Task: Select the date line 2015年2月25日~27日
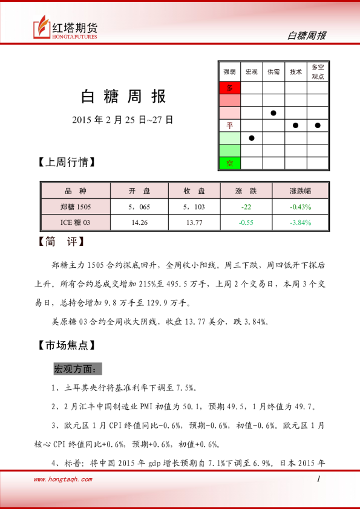point(123,120)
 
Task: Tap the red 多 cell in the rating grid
point(229,88)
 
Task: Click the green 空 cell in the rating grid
point(229,163)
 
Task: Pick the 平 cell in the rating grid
point(229,125)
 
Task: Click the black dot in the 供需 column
point(273,113)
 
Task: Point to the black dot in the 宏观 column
point(252,138)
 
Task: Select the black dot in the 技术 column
point(295,125)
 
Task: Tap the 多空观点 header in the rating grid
point(318,72)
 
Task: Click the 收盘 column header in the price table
point(194,191)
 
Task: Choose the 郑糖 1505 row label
point(75,207)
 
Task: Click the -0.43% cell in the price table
point(300,207)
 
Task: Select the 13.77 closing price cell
point(194,222)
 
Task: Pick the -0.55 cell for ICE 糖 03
point(246,222)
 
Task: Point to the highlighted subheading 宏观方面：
point(78,368)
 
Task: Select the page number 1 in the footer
point(318,479)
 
